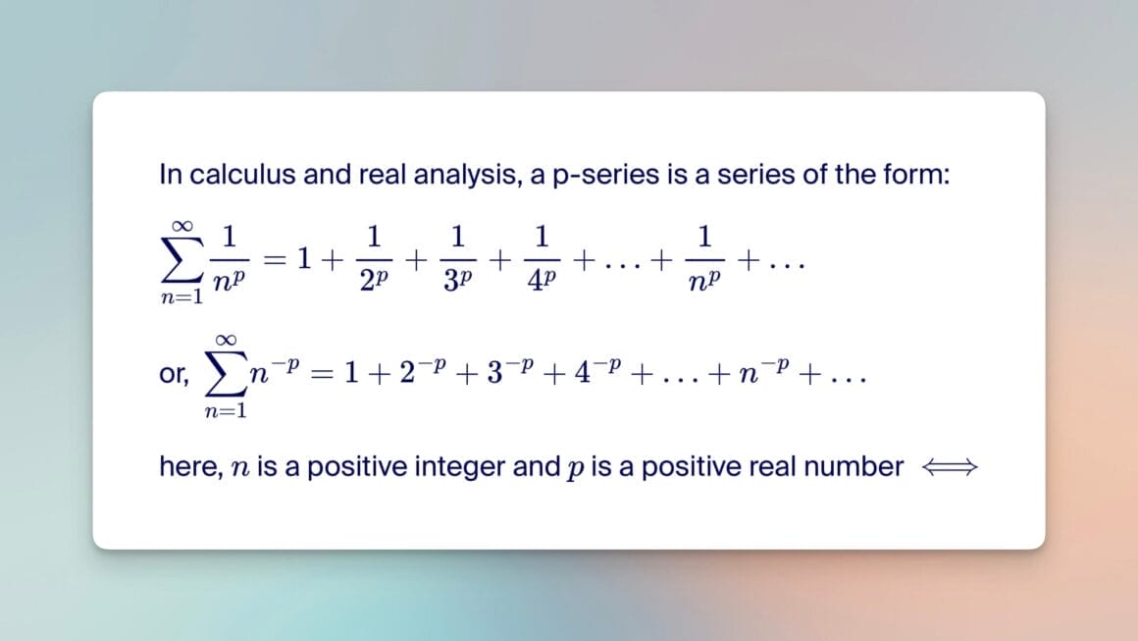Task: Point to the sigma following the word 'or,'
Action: click(226, 375)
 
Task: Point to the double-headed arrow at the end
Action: click(950, 468)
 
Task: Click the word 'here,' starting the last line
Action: click(189, 468)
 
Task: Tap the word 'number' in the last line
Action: click(853, 467)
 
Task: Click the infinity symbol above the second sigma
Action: click(226, 339)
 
